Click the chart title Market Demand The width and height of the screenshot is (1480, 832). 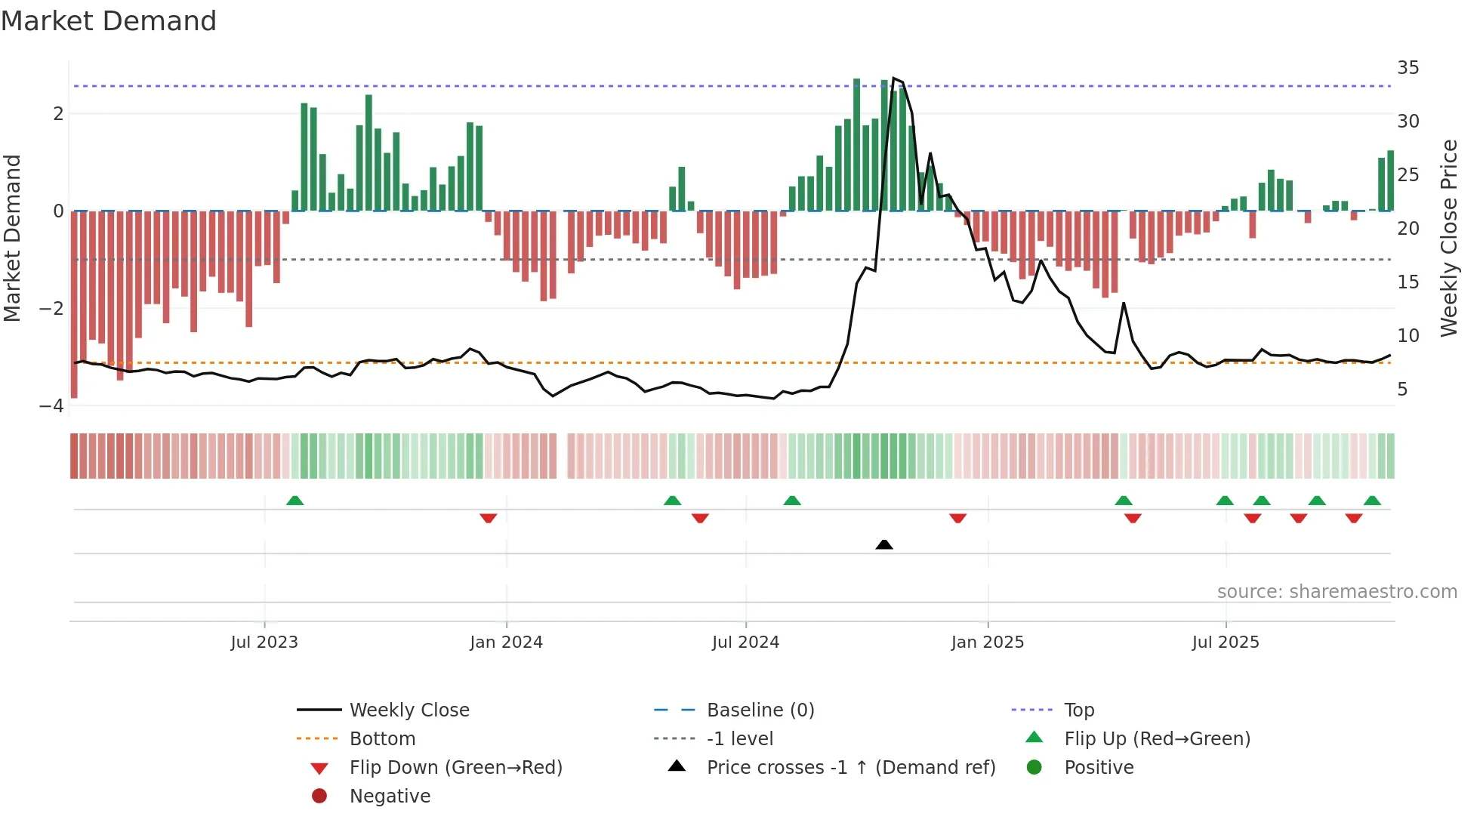[109, 21]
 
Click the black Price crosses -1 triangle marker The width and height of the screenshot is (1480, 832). [884, 544]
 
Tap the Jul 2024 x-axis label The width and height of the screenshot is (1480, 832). [745, 642]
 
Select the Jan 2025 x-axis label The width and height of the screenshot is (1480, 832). [987, 642]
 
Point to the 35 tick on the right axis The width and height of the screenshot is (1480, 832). [1408, 68]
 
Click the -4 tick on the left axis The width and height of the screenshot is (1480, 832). [52, 406]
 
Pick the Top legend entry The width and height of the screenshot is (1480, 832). [1078, 710]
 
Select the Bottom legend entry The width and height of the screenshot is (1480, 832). [382, 739]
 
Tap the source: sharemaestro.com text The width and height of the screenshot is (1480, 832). [1337, 592]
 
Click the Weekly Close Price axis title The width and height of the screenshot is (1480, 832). [1448, 238]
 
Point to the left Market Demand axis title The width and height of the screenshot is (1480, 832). [13, 238]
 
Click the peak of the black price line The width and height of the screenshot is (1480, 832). [894, 79]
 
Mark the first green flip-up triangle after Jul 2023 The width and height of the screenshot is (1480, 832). [295, 501]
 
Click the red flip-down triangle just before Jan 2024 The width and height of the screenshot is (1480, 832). [489, 518]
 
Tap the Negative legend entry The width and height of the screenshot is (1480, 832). [390, 797]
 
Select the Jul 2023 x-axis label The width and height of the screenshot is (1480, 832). [264, 642]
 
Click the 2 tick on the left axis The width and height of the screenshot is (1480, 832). [58, 114]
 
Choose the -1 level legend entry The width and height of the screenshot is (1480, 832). [739, 739]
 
